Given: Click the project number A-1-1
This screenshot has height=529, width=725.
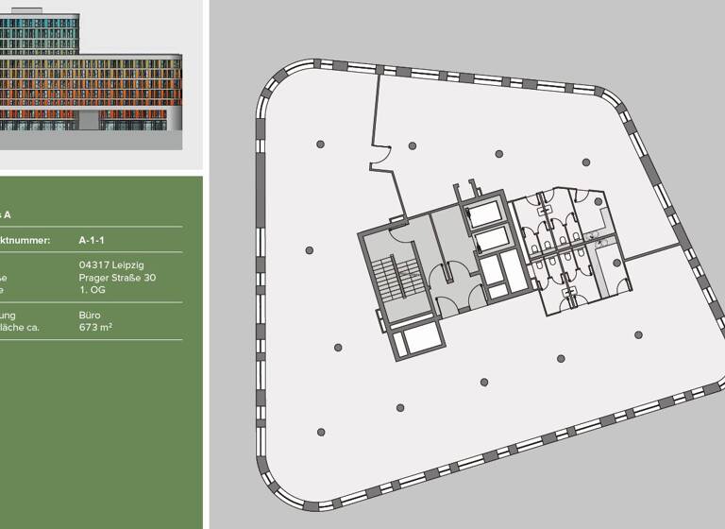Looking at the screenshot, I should [x=93, y=241].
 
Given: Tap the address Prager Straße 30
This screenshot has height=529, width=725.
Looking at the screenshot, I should [x=117, y=278].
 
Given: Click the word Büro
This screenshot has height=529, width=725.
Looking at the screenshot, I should [x=90, y=316].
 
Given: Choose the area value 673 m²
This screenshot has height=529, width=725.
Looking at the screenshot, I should [x=97, y=328].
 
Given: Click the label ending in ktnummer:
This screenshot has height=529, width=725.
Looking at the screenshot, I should [x=26, y=241].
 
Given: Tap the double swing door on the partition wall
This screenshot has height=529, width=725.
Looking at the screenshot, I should [x=382, y=157].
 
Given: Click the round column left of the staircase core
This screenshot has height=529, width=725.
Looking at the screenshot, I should [x=310, y=250].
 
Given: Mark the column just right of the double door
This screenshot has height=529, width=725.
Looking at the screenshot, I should [x=412, y=145].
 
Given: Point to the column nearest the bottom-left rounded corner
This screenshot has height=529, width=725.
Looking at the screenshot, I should [x=321, y=432].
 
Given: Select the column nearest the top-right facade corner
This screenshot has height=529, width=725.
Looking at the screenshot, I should [x=585, y=162].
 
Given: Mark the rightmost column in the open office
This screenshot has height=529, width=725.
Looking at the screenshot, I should [x=639, y=334].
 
